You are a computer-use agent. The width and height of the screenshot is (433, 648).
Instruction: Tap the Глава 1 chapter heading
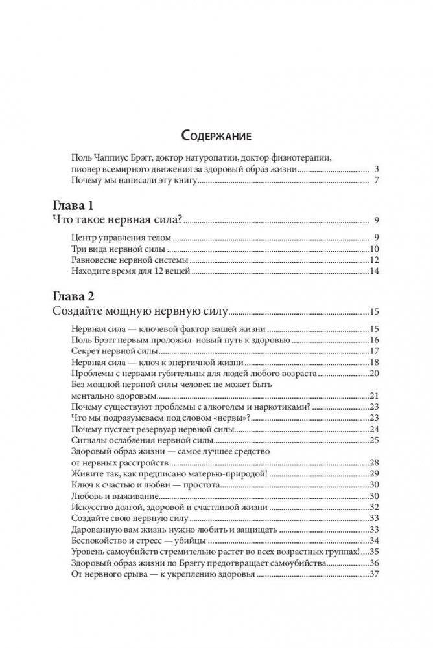coord(72,206)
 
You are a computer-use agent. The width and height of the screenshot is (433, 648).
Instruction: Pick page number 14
coord(373,271)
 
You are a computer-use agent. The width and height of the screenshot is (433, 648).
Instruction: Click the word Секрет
coord(86,350)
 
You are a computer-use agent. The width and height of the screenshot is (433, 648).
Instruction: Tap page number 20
coord(373,374)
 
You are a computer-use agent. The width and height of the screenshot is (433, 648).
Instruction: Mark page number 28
coord(373,463)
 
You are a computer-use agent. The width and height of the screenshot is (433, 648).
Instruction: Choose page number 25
coord(373,441)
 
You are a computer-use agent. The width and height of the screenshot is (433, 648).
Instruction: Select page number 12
coord(373,260)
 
